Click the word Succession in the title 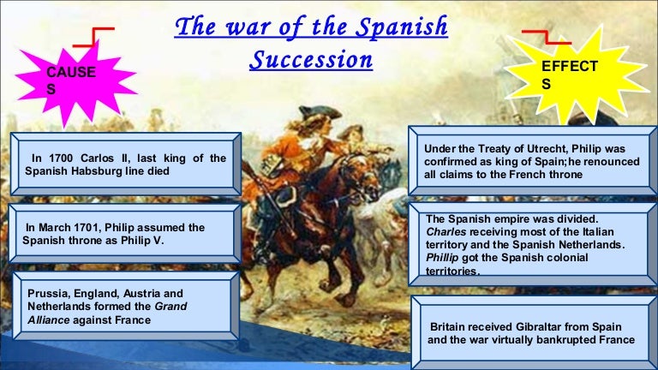[311, 59]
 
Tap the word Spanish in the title [402, 27]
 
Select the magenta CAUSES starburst [76, 83]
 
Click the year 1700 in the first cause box [61, 158]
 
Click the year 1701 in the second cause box [87, 227]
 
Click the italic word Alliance [48, 320]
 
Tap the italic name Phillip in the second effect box [442, 258]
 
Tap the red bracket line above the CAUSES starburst [93, 37]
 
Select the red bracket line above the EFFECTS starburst [547, 37]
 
